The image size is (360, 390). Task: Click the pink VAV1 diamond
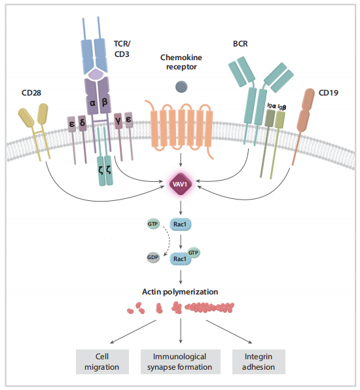pos(181,185)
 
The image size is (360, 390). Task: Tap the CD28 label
pos(31,93)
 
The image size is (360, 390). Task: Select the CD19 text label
pos(328,93)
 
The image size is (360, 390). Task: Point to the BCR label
pos(240,44)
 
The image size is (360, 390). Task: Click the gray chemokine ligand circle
pos(181,87)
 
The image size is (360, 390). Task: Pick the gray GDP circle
pos(153,257)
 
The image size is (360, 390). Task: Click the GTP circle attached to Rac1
pos(193,253)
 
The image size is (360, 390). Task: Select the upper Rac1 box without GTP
pos(181,224)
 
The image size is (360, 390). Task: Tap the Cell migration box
pos(102,362)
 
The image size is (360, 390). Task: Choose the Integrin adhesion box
pos(259,362)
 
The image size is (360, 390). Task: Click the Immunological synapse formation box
pos(181,362)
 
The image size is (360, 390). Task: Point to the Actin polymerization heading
pos(180,291)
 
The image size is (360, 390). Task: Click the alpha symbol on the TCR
pos(92,103)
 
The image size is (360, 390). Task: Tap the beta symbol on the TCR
pos(105,102)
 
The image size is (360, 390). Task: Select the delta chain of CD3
pos(82,139)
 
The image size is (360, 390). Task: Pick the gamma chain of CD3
pos(118,137)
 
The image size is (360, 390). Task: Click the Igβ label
pos(282,107)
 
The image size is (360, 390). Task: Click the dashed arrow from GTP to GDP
pos(168,241)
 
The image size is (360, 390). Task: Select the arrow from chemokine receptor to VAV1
pos(181,160)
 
